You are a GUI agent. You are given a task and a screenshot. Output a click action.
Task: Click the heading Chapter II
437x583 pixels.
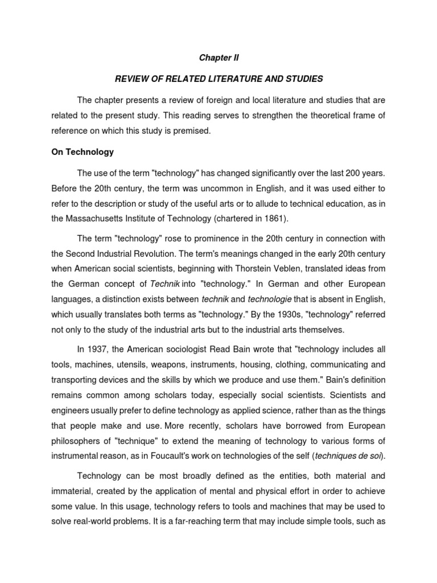point(218,58)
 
